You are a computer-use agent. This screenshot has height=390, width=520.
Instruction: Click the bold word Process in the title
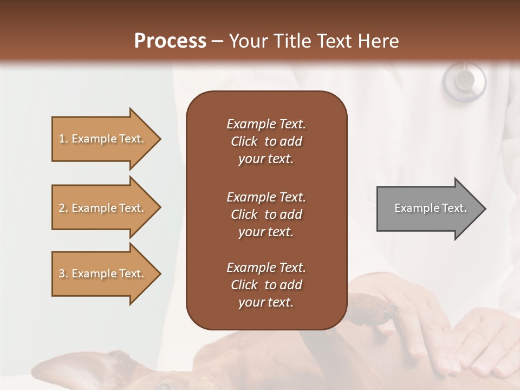pyautogui.click(x=170, y=41)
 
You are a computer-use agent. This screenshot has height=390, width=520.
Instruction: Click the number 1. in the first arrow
pyautogui.click(x=63, y=139)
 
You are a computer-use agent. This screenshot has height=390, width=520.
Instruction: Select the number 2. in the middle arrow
pyautogui.click(x=63, y=208)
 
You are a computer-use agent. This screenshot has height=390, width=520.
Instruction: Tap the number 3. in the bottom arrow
pyautogui.click(x=63, y=274)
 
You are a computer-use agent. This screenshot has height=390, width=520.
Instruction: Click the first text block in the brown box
pyautogui.click(x=266, y=141)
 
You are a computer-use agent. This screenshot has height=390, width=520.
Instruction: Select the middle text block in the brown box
pyautogui.click(x=266, y=214)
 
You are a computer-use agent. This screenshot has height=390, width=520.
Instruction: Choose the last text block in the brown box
pyautogui.click(x=266, y=285)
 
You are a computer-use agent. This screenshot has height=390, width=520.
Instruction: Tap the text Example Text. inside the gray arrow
pyautogui.click(x=431, y=208)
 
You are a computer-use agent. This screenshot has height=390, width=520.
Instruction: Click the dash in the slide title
pyautogui.click(x=218, y=41)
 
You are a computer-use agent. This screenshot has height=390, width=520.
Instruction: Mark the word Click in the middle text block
pyautogui.click(x=244, y=214)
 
